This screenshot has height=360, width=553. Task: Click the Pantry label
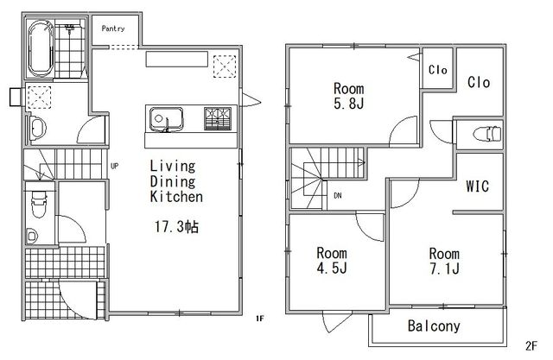tap(113, 28)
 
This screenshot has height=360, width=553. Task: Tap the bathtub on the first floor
tap(41, 48)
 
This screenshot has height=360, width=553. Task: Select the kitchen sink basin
tap(166, 119)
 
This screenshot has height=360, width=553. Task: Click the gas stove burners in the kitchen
tap(218, 118)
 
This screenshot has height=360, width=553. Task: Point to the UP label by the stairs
tap(114, 166)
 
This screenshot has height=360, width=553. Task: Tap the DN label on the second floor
tap(338, 195)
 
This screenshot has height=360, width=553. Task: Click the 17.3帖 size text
tap(176, 226)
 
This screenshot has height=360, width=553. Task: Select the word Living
tap(173, 166)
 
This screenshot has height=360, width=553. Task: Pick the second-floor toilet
tap(487, 134)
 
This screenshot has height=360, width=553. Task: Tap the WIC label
tap(478, 186)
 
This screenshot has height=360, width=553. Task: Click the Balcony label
tap(434, 325)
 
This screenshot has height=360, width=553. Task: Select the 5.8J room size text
tap(349, 104)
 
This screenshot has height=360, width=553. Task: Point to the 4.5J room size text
tap(332, 268)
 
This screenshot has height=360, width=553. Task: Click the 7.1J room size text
tap(444, 268)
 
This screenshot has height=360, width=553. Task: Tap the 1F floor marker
tap(260, 319)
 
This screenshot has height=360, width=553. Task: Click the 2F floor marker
tap(531, 345)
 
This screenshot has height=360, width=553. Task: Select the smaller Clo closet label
tap(438, 70)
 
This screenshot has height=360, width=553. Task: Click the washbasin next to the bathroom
tap(38, 129)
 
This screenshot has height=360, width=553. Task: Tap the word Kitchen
tap(176, 197)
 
